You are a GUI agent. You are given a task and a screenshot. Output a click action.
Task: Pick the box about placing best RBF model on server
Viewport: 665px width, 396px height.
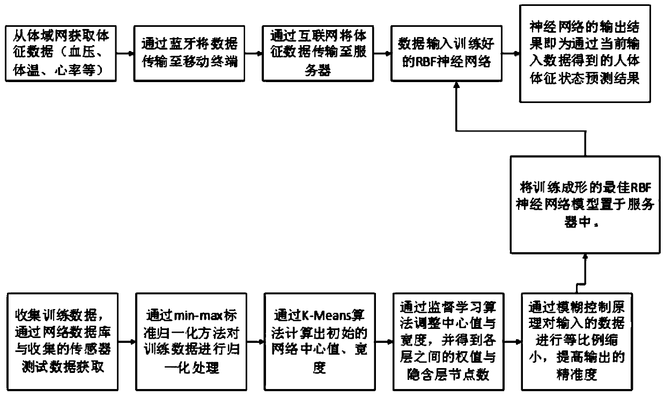tap(585, 204)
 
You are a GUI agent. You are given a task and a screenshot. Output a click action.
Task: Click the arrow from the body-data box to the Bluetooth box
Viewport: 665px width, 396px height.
tap(125, 53)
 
